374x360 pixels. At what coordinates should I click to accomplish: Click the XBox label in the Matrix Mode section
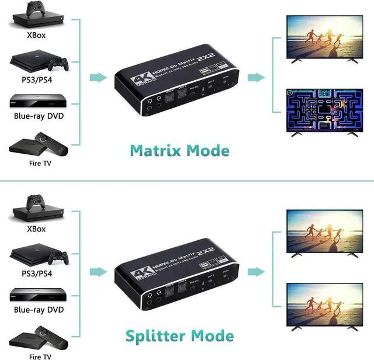pos(36,34)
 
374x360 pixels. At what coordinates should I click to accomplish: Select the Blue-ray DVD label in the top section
pos(39,116)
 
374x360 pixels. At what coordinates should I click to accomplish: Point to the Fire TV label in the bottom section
pos(39,355)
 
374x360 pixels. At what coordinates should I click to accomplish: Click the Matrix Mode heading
pos(179,150)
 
